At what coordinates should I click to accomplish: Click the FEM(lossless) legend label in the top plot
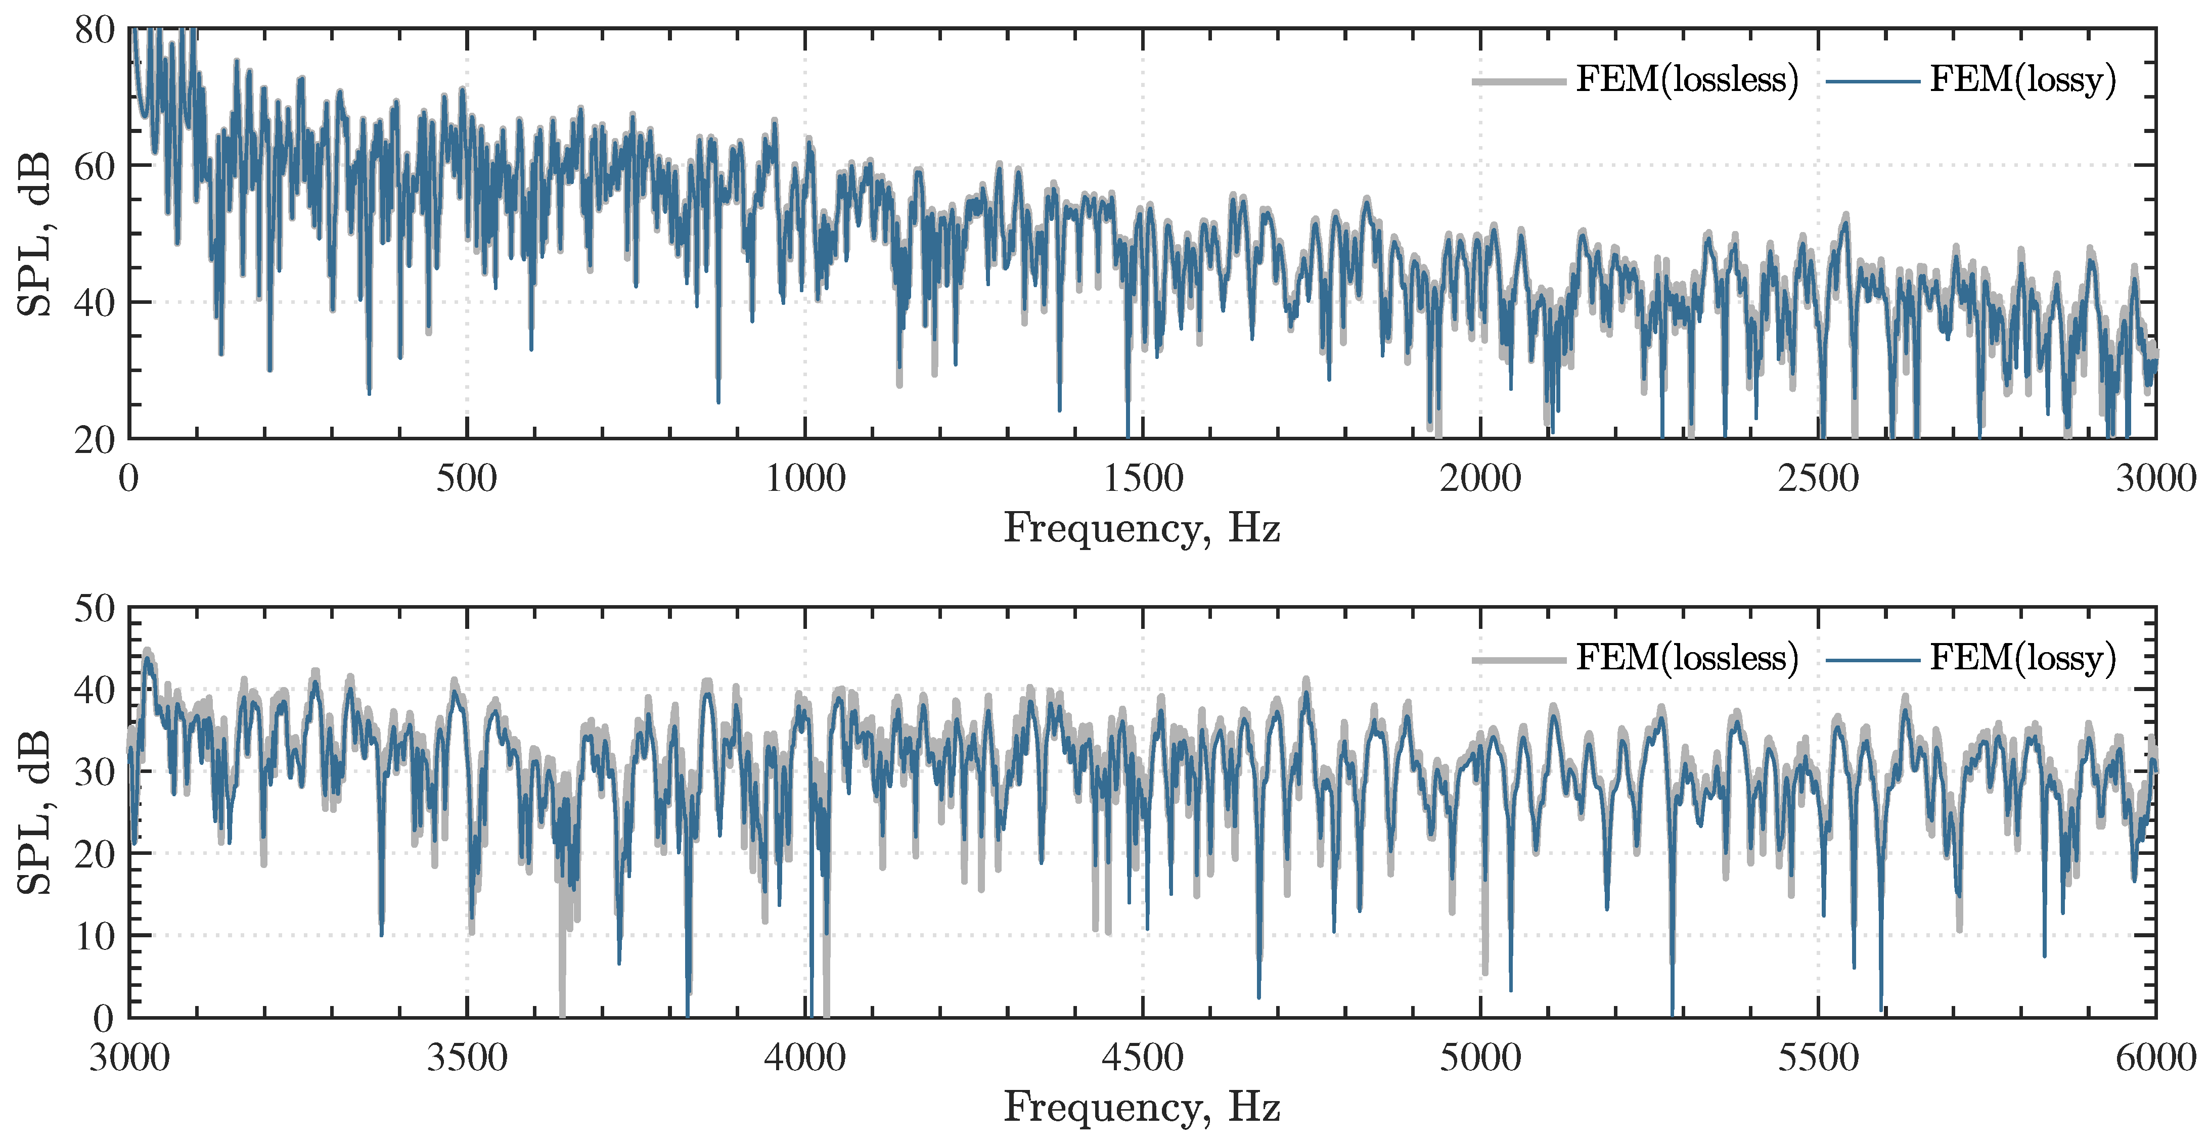pos(1686,80)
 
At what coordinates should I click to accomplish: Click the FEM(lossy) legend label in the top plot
pos(2023,80)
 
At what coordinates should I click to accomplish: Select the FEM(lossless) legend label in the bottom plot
pos(1686,658)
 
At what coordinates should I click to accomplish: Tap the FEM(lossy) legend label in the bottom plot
pos(2023,658)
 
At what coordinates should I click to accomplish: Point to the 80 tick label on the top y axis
pos(94,31)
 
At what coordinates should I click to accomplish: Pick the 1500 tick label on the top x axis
pos(1143,478)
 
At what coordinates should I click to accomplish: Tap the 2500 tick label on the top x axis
pos(1818,478)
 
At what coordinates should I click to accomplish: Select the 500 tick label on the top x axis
pos(466,478)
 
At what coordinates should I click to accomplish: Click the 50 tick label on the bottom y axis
pos(94,610)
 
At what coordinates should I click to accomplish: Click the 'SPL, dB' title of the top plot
pos(34,234)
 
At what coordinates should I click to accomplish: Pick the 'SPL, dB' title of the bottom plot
pos(34,813)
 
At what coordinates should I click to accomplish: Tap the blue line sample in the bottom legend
pos(1873,660)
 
